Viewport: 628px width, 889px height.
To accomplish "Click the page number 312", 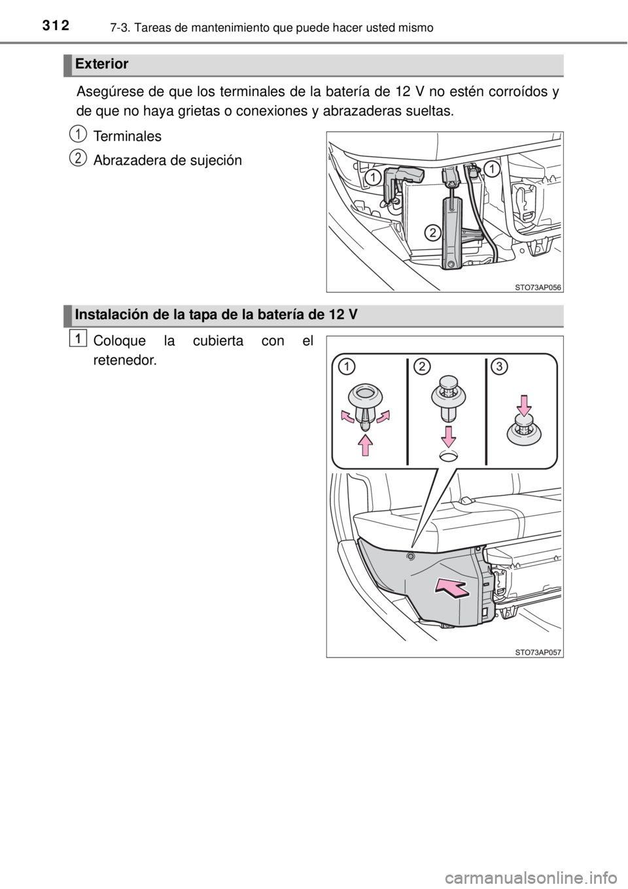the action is coord(55,25).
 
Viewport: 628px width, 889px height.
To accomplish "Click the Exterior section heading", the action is coord(101,64).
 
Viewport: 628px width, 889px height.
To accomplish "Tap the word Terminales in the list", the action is coord(127,136).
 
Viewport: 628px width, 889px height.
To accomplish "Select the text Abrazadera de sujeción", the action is coord(167,160).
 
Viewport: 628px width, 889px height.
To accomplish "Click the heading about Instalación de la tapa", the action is coord(217,314).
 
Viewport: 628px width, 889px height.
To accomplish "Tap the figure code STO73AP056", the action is coord(538,288).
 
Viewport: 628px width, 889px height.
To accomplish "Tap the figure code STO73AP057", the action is coord(538,652).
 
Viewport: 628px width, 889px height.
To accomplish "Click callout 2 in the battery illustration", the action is coord(432,233).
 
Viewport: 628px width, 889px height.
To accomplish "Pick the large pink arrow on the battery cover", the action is coord(452,588).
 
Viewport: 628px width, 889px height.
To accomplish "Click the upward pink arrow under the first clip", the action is coord(366,445).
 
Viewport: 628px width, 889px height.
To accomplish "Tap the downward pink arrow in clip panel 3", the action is coord(525,405).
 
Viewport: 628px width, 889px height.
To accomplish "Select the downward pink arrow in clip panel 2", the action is coord(449,437).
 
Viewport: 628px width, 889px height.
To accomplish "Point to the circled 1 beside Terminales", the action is coord(79,133).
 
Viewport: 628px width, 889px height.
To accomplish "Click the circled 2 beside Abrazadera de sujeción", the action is coord(79,157).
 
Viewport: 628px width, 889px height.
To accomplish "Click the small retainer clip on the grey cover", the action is coord(411,556).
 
